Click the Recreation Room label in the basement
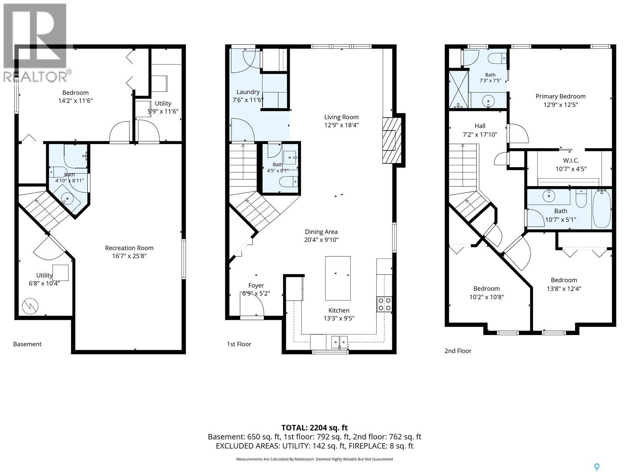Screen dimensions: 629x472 point(129,248)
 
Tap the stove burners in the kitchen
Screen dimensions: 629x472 point(384,304)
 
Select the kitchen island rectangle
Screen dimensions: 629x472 point(338,278)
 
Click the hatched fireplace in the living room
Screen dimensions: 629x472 point(392,140)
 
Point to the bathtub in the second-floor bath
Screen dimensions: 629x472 point(601,209)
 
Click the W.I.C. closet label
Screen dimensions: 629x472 point(571,160)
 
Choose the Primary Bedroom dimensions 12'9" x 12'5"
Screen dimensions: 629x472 point(561,105)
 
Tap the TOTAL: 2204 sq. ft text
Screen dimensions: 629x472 point(314,428)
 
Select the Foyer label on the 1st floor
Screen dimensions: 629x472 point(256,286)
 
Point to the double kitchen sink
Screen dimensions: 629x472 point(339,342)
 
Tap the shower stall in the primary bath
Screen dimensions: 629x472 point(459,89)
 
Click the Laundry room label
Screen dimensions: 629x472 point(248,92)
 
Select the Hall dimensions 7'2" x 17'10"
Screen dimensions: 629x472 point(480,135)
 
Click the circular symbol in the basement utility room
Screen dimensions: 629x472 point(30,306)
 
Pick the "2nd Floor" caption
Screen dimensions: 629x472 point(458,351)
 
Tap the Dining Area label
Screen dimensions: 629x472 point(321,232)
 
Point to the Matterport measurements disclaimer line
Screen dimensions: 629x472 point(314,459)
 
